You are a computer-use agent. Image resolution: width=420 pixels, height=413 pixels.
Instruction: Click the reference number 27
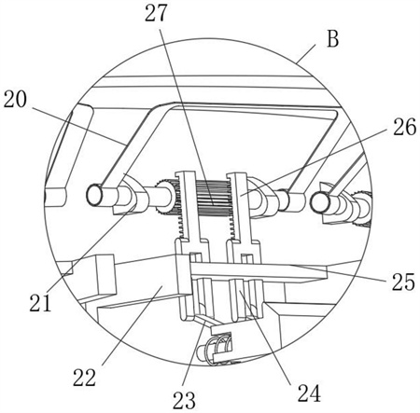point(156,13)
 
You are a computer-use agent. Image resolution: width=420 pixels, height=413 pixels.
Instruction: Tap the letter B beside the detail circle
point(333,39)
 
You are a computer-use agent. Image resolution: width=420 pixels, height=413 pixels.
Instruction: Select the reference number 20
point(15,100)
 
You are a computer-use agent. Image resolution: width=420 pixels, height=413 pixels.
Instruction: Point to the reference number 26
point(404,127)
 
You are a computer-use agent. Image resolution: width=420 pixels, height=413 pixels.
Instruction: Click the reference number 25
point(403,282)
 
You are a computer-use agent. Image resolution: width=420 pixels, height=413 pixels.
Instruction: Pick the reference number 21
point(40,302)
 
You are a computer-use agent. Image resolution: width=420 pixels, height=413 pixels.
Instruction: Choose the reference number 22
point(85,378)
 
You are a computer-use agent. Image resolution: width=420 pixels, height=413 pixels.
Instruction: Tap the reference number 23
point(184,400)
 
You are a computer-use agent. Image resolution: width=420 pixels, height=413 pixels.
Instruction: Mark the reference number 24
point(309,392)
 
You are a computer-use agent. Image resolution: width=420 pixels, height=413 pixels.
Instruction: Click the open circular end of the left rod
point(94,195)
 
